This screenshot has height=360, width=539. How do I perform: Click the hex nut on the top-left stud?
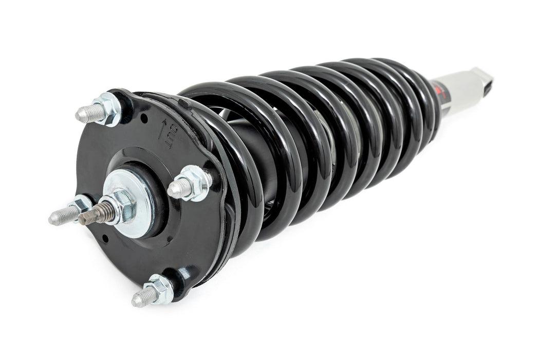click(108, 109)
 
